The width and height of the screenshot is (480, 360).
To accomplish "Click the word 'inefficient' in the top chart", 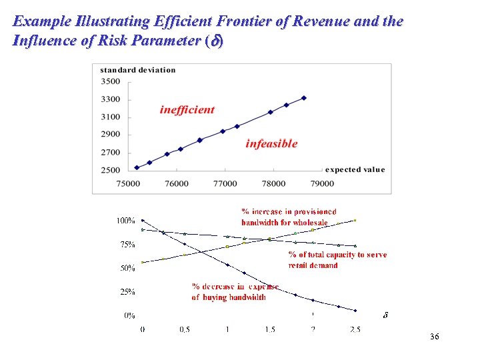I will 187,110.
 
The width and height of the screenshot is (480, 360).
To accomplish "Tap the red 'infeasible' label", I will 271,143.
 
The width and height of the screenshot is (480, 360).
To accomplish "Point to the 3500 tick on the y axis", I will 111,82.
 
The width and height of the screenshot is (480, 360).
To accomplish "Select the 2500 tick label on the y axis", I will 111,170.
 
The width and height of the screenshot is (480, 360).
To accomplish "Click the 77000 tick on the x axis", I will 225,183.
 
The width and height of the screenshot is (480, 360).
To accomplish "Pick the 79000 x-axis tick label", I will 322,183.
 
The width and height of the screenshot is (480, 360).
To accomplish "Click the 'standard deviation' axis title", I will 138,70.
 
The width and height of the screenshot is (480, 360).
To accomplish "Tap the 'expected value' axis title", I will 355,169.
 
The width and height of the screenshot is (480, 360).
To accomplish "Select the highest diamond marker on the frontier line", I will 304,98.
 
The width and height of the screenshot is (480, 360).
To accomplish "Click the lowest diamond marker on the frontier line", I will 137,167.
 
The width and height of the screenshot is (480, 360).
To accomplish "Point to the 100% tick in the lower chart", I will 126,221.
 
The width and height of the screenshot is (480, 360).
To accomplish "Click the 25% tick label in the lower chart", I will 127,291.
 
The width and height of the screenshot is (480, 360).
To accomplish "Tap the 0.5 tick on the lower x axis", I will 185,329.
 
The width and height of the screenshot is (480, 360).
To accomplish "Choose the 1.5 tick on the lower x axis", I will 269,329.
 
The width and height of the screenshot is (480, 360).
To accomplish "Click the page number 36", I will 435,337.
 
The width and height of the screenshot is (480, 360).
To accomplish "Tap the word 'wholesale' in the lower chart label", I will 309,222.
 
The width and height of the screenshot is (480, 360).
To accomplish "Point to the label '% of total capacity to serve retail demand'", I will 337,259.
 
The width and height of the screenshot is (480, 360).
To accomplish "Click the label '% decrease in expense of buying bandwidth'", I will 235,292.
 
